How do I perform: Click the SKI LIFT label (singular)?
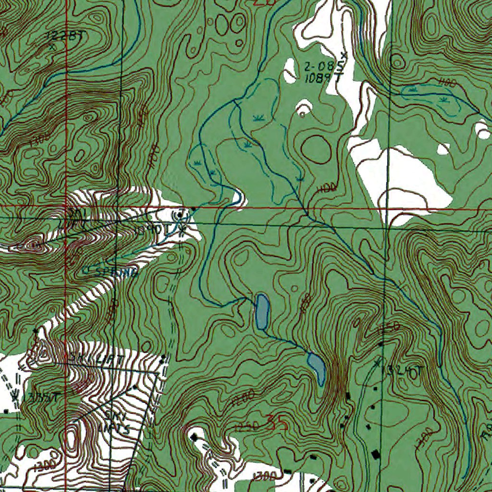point(97,358)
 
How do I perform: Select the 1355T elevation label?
point(41,398)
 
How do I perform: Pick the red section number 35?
point(277,423)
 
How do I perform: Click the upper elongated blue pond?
point(262,312)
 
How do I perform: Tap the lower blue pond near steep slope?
point(317,368)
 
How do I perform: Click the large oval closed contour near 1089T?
point(316,149)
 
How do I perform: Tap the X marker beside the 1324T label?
point(378,361)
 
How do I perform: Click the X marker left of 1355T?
point(15,397)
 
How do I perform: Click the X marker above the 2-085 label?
point(343,54)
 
